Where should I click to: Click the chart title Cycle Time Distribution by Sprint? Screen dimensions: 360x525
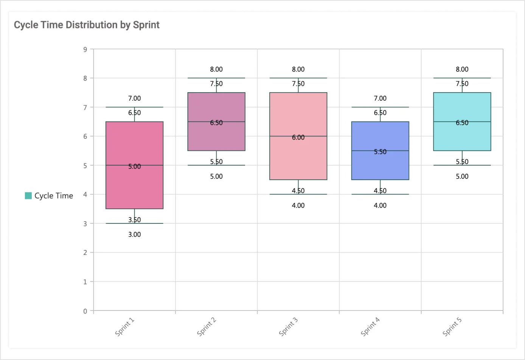pos(87,25)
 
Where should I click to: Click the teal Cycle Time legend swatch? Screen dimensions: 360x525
pos(28,196)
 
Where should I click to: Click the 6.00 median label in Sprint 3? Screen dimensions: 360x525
pos(298,137)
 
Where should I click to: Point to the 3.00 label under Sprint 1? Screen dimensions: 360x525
pos(134,234)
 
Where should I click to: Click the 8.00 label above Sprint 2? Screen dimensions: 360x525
pos(216,69)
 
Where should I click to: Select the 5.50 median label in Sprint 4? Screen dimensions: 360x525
pos(380,152)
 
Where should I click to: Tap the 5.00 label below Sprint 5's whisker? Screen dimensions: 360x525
pos(462,176)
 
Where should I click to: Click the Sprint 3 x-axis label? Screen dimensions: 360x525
pos(289,327)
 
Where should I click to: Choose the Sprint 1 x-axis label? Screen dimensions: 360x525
pos(125,327)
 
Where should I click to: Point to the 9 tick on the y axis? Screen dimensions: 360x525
pos(85,49)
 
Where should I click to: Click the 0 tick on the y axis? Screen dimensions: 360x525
pos(85,311)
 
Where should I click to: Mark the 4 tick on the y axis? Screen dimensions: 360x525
pos(85,194)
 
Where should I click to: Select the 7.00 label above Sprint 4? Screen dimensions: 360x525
pos(380,98)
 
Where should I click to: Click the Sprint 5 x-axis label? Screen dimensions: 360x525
pos(452,327)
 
